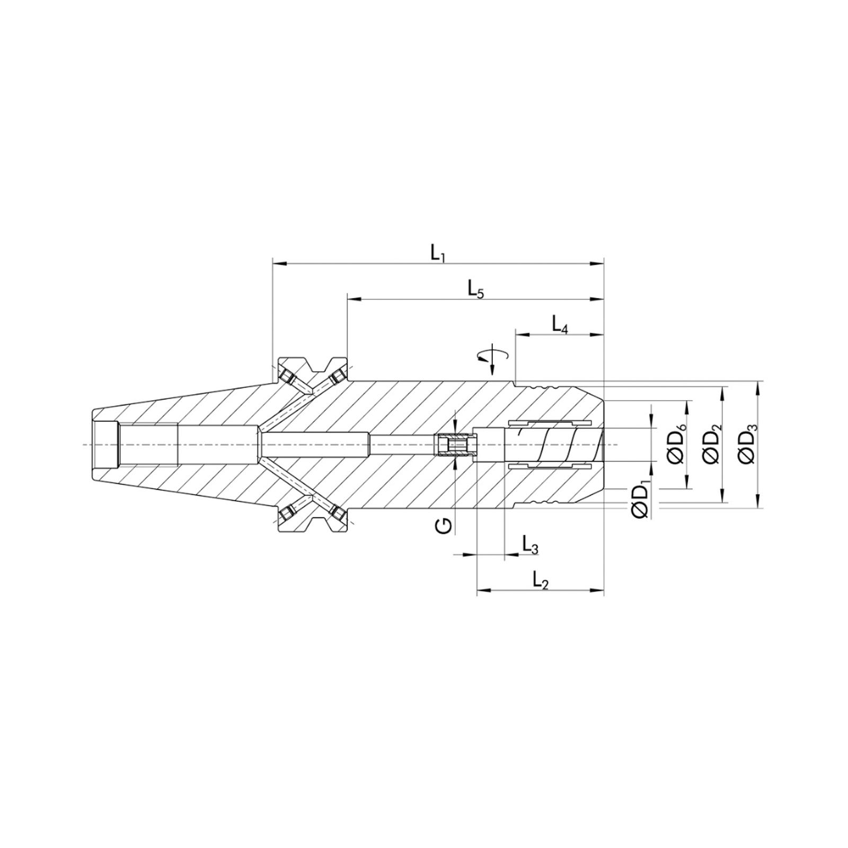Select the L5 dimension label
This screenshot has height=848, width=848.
pyautogui.click(x=475, y=289)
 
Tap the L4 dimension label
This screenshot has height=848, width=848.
pyautogui.click(x=560, y=324)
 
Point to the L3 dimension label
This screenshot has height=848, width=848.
pyautogui.click(x=529, y=544)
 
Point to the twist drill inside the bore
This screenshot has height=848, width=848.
pyautogui.click(x=554, y=444)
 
